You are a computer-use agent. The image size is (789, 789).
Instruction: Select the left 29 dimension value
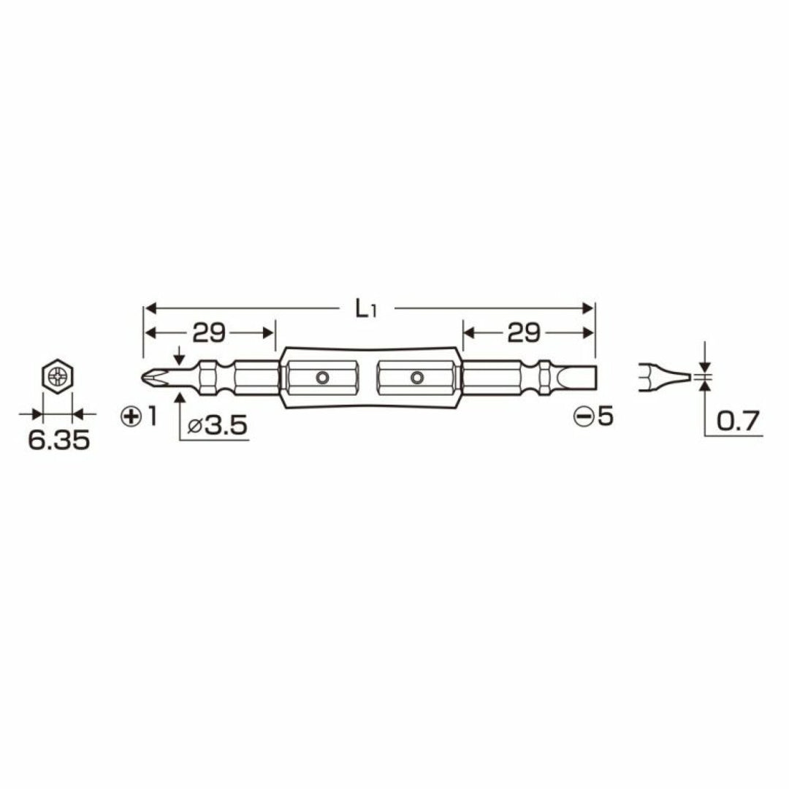pyautogui.click(x=208, y=334)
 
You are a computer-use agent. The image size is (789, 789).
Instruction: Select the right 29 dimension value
pyautogui.click(x=525, y=334)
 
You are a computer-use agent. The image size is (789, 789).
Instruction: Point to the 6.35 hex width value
pyautogui.click(x=58, y=441)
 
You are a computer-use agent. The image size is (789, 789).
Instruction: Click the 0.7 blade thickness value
pyautogui.click(x=739, y=420)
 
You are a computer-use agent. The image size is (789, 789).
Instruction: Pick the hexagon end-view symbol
pyautogui.click(x=57, y=377)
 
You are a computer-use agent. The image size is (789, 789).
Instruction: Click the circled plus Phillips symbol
pyautogui.click(x=131, y=416)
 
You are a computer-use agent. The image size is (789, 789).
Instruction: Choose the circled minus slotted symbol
pyautogui.click(x=583, y=417)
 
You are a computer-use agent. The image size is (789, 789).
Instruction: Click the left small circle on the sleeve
pyautogui.click(x=321, y=377)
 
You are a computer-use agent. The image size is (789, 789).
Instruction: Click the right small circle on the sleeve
pyautogui.click(x=416, y=377)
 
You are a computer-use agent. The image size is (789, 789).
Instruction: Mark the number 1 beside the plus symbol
pyautogui.click(x=152, y=416)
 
